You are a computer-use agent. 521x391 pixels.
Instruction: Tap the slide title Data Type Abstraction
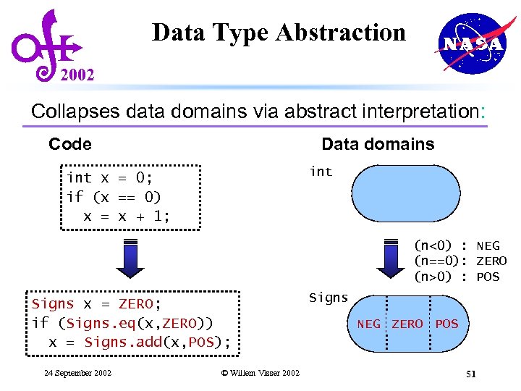tap(279, 33)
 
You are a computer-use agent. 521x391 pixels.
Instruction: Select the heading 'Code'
tap(70, 144)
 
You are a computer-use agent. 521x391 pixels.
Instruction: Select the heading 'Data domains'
tap(378, 144)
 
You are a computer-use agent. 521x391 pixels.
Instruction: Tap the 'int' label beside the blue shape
tap(321, 172)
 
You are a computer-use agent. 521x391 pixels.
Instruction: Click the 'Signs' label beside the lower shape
tap(329, 298)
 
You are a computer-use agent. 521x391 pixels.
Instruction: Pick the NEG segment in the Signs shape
tap(369, 324)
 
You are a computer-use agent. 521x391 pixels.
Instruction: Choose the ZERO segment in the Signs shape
tap(407, 324)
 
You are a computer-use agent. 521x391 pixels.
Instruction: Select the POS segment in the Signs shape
tap(446, 324)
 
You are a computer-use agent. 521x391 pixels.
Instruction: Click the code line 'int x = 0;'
tap(109, 178)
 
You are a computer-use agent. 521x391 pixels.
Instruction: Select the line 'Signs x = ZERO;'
tap(96, 304)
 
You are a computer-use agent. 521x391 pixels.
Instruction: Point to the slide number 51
tap(470, 374)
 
